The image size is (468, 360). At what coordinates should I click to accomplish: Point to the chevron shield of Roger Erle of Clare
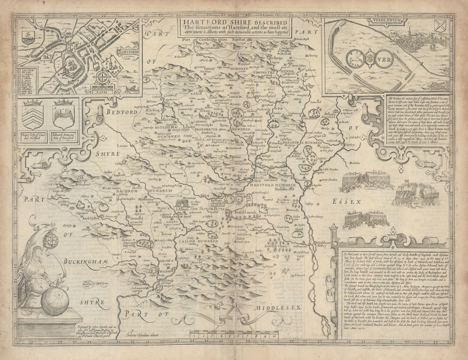33,116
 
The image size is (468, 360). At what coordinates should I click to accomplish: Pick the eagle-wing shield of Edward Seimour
64,116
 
